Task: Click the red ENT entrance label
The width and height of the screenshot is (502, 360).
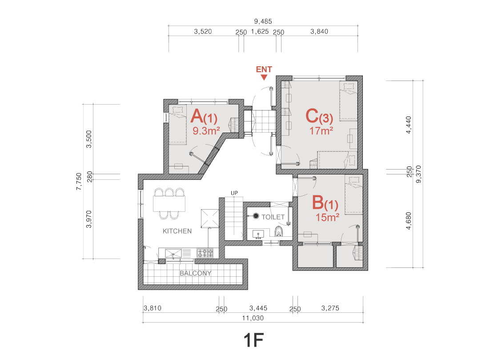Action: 264,69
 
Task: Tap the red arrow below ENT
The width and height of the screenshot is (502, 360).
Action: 264,77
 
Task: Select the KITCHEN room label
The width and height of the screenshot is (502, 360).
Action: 177,231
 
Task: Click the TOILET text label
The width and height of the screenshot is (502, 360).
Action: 273,217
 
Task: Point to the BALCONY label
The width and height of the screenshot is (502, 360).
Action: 195,273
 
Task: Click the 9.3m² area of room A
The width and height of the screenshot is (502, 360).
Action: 206,131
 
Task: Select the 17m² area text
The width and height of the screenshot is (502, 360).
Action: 321,131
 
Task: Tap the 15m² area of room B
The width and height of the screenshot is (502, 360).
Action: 327,217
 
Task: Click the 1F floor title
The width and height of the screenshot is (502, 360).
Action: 253,340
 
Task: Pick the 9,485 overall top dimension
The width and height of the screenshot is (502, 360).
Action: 263,21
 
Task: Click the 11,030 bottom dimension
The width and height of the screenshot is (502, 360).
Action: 253,318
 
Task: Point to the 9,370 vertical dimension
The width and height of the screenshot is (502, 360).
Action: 418,174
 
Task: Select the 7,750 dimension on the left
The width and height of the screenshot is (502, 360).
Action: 79,182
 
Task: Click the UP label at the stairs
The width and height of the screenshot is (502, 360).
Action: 234,193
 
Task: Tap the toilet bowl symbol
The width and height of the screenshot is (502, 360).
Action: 279,231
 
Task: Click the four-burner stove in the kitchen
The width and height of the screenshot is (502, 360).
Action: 205,253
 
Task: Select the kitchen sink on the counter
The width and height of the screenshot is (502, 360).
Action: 173,254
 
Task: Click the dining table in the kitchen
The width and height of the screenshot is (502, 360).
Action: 169,204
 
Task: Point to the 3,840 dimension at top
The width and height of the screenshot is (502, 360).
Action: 319,32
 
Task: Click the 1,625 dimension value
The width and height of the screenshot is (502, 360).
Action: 260,32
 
